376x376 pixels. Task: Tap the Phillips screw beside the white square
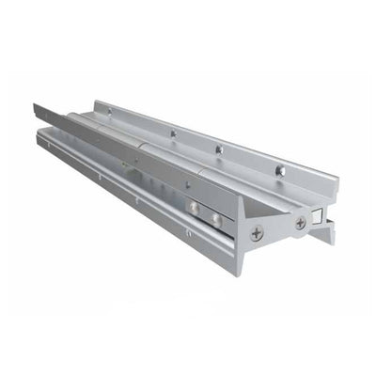point(300,223)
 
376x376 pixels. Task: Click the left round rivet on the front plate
point(192,208)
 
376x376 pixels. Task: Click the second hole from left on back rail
point(173,133)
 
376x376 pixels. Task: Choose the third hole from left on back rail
point(218,149)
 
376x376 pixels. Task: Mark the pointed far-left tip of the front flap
point(35,105)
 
